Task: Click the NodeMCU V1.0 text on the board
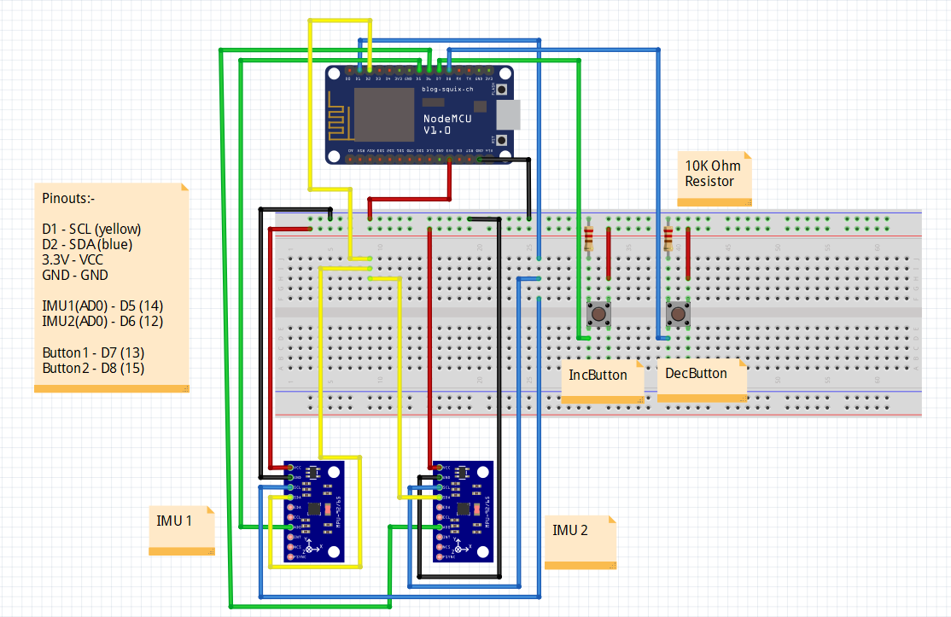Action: click(x=447, y=124)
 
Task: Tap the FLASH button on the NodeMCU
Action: click(x=504, y=89)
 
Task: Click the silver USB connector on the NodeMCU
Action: click(x=509, y=113)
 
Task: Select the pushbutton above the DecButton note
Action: click(x=679, y=314)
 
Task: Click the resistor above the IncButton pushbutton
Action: click(x=588, y=237)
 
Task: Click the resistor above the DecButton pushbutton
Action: click(x=668, y=237)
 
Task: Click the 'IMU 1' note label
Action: click(x=174, y=521)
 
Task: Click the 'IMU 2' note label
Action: click(x=570, y=530)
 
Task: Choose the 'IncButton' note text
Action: click(x=598, y=375)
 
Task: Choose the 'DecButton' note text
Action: click(x=696, y=373)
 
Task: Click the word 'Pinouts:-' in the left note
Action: click(x=68, y=198)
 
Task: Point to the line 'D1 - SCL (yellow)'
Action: click(x=91, y=229)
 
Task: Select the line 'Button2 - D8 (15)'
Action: click(x=93, y=368)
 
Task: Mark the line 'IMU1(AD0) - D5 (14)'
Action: click(x=102, y=306)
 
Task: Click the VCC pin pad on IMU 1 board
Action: click(x=293, y=468)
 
